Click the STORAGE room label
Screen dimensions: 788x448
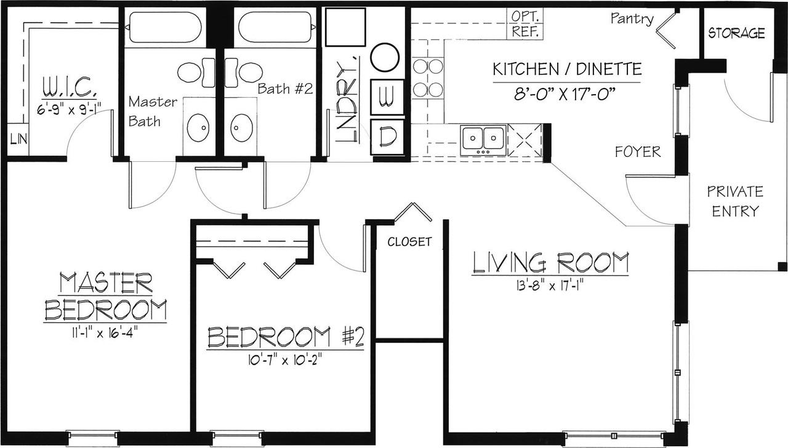(737, 33)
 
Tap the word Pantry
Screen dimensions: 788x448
(632, 18)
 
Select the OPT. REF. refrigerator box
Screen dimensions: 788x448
(525, 23)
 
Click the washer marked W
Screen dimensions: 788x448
(387, 97)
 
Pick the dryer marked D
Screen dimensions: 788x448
(387, 137)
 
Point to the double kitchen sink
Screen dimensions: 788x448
(483, 140)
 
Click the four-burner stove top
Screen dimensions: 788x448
(428, 78)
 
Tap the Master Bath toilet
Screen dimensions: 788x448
(196, 72)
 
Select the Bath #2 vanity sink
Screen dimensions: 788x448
(242, 127)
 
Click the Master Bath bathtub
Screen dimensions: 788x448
(166, 27)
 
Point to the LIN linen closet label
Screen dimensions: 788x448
(18, 139)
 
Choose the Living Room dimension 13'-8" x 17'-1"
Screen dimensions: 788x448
(547, 286)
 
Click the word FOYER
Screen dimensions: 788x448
(637, 151)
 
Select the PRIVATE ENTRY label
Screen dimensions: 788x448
(735, 201)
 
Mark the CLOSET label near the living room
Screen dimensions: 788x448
(409, 242)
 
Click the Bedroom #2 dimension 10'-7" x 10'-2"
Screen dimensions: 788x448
(285, 361)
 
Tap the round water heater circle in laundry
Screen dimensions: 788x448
(385, 57)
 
